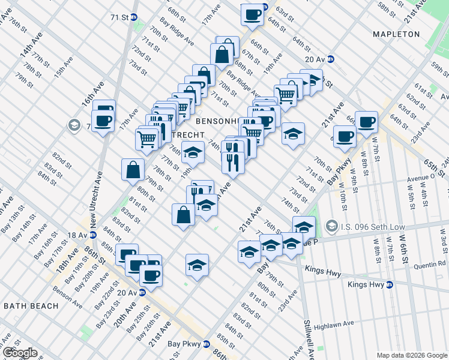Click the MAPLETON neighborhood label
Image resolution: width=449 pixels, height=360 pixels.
396,34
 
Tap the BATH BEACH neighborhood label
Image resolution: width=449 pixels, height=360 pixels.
31,306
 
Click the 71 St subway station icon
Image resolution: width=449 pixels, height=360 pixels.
134,17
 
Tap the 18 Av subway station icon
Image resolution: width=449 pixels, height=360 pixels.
92,236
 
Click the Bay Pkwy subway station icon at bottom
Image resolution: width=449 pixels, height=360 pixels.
206,344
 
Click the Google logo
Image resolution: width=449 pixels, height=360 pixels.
19,353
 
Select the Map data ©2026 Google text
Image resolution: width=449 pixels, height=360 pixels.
411,355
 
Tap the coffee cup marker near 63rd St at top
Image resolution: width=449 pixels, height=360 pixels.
252,13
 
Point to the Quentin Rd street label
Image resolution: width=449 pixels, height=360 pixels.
430,263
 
